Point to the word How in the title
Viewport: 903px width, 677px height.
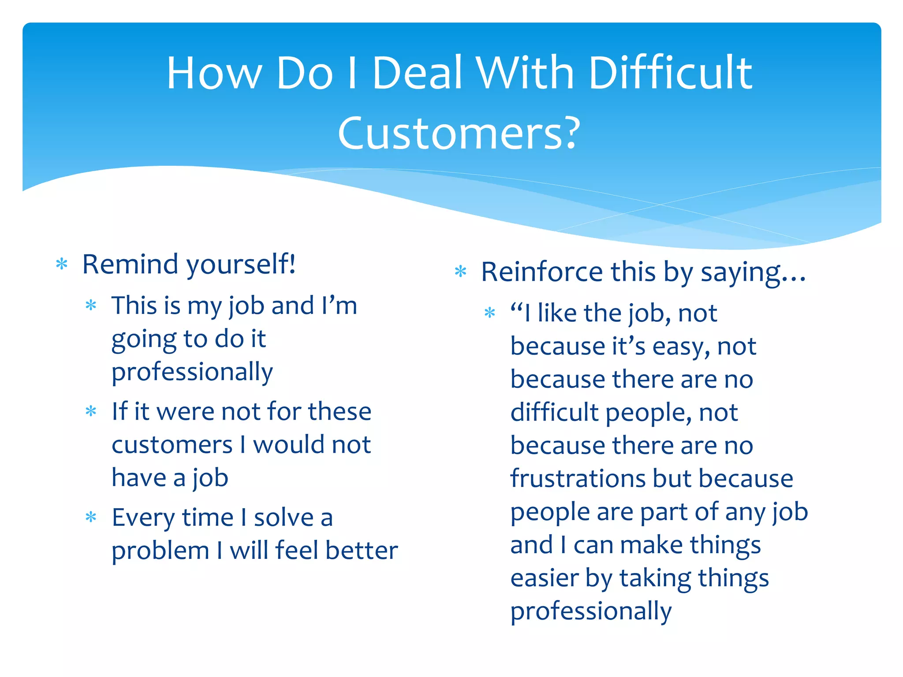tap(214, 73)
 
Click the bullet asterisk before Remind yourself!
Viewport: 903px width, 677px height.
tap(62, 264)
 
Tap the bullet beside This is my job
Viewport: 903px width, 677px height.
tap(91, 305)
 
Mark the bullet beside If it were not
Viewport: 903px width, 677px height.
tap(91, 411)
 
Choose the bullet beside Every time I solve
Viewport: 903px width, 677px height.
tap(91, 517)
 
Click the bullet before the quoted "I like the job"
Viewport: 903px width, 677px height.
tap(490, 313)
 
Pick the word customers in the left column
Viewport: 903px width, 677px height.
tap(172, 445)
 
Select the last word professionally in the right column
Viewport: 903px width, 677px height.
tap(591, 612)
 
